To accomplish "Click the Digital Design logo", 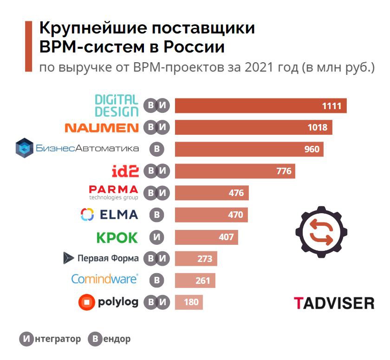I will coord(117,105).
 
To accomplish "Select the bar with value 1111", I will coord(260,105).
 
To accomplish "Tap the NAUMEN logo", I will coord(101,127).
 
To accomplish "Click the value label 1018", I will coord(317,127).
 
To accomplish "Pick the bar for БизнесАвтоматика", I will coord(249,149).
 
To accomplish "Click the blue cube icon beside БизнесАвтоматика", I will coord(24,148).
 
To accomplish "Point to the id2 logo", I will coord(125,171).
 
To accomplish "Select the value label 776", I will coord(284,171).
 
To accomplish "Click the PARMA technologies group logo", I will coord(113,192).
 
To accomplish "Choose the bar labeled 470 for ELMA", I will coord(211,215).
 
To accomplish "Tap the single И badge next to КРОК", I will coord(157,237).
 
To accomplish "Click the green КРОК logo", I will coord(117,237).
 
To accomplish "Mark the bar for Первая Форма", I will coord(195,258).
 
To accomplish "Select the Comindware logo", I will coord(104,279).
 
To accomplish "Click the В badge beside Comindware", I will coord(157,280).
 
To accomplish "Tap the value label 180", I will coord(191,302).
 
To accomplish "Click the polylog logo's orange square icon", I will coord(87,302).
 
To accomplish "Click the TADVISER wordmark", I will coord(334,303).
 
